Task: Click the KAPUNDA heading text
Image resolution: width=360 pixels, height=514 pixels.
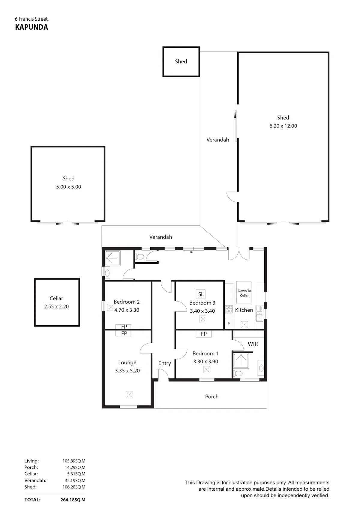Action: (31, 27)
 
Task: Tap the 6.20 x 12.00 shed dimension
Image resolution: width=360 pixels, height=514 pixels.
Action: (283, 126)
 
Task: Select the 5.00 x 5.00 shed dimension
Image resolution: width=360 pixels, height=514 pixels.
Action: (69, 187)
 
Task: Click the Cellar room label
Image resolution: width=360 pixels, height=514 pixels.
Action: (56, 298)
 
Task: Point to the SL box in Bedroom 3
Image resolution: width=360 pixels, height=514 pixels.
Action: (201, 294)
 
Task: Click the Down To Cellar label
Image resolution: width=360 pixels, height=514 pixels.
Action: (244, 293)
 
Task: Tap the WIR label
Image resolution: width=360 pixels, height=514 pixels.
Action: (253, 344)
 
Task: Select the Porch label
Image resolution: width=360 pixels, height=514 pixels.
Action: (211, 396)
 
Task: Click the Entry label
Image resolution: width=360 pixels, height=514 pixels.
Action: (164, 363)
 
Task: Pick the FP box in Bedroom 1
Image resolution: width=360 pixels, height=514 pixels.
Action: (203, 334)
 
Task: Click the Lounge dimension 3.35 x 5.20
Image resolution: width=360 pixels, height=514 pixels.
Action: (127, 371)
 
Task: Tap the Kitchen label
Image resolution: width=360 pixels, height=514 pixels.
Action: (244, 310)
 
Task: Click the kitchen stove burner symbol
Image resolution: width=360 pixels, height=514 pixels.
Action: (229, 309)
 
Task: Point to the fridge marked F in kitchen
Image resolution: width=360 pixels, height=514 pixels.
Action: (229, 323)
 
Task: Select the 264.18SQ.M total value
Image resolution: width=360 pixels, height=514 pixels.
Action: (73, 500)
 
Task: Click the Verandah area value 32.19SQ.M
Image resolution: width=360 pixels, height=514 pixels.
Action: (75, 480)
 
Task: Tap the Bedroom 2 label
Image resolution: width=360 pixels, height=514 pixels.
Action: (127, 302)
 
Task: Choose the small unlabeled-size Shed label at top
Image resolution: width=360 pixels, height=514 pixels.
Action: (181, 61)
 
